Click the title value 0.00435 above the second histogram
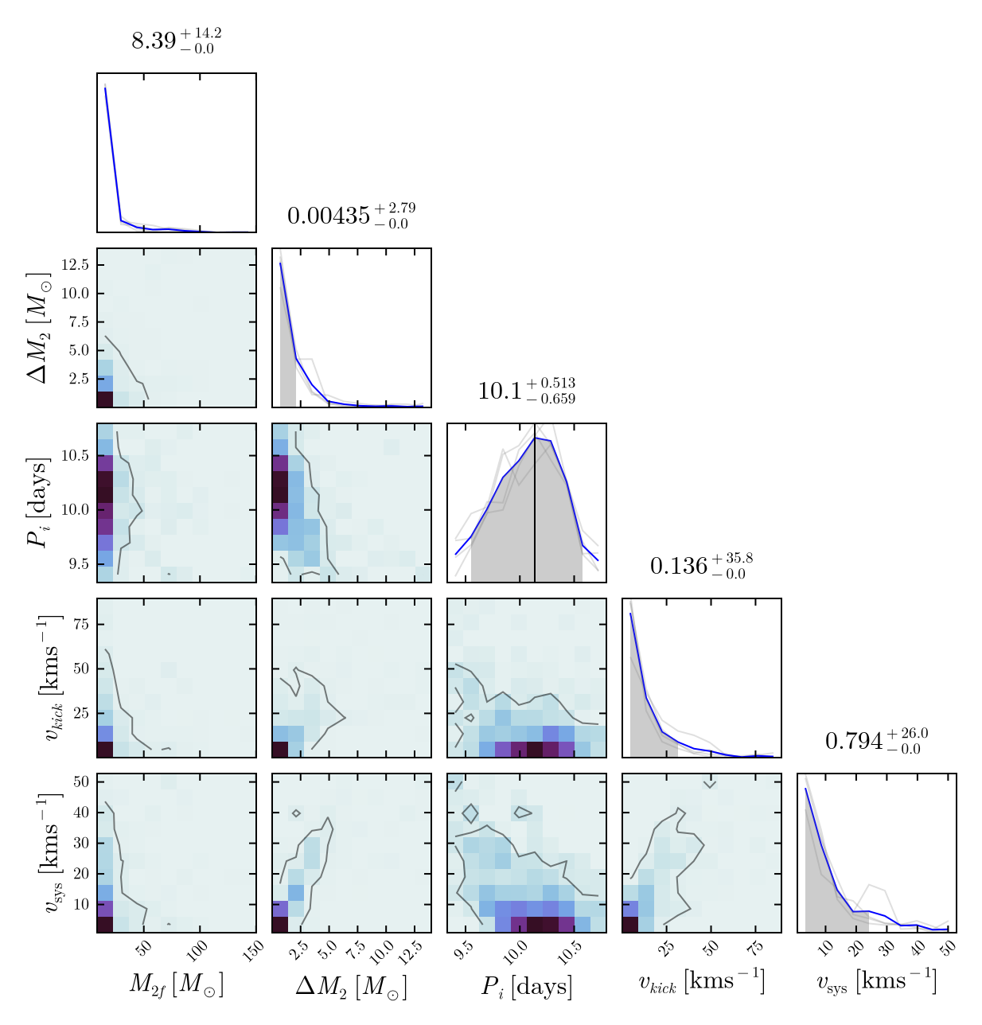(x=351, y=216)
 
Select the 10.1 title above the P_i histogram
(x=526, y=391)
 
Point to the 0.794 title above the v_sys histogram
(x=876, y=741)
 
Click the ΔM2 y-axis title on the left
(x=38, y=328)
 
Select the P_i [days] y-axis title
(x=38, y=503)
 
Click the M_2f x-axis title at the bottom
(x=176, y=985)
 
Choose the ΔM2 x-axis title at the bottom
(x=351, y=987)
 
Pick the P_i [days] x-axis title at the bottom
(x=526, y=987)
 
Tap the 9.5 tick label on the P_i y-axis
(x=79, y=564)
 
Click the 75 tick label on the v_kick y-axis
(x=80, y=625)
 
